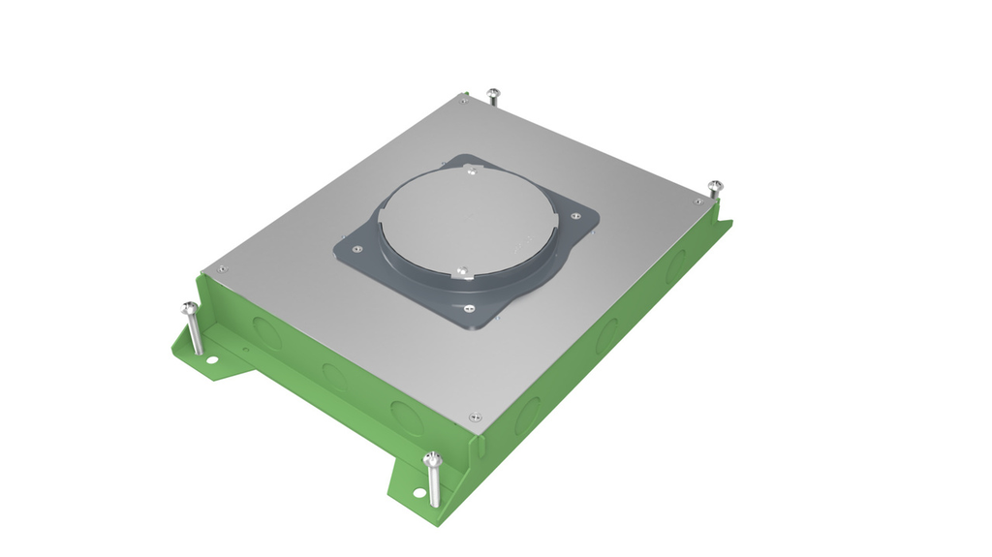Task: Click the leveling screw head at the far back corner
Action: [493, 93]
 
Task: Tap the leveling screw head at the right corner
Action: [715, 184]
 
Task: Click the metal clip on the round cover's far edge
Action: [471, 171]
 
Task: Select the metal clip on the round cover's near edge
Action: [462, 271]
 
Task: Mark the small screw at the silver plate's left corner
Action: [218, 270]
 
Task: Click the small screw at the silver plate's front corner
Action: [473, 418]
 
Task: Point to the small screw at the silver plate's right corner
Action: [698, 201]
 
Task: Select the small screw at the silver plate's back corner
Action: [464, 100]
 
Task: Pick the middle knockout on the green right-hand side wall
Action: [607, 335]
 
